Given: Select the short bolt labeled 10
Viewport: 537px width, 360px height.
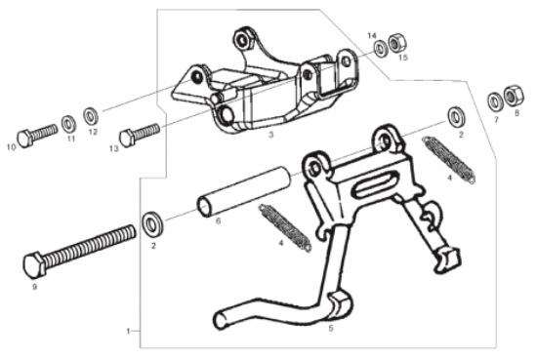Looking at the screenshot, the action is [x=37, y=135].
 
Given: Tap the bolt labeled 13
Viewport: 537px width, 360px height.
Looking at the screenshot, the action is [x=140, y=134].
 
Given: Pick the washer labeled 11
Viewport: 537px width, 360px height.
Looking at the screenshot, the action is [x=69, y=124].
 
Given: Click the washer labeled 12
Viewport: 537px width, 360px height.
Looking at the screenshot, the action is [x=91, y=116].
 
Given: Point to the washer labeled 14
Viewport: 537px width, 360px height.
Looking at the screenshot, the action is [x=380, y=49].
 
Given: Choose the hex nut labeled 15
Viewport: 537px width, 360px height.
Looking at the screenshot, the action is [x=397, y=43].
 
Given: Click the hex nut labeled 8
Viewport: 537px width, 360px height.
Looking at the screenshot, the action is [x=514, y=96].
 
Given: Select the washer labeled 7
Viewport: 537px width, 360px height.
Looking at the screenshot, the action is [x=495, y=101].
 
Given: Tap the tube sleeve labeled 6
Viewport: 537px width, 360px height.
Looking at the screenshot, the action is [x=243, y=191].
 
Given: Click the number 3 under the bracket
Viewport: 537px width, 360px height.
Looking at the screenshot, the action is [x=271, y=135].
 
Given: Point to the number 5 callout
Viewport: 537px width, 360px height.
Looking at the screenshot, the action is [x=331, y=328].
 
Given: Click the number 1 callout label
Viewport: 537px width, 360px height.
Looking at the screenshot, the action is [x=128, y=331].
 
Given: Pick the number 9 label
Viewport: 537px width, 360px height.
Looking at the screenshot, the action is [x=34, y=287].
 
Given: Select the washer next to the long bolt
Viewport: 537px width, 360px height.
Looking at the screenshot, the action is [x=152, y=224].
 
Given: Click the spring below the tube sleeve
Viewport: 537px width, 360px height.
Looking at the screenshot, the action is [x=285, y=227].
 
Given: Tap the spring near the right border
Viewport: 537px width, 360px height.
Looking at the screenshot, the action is [x=449, y=159].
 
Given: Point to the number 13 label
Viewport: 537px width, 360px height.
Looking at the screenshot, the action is [x=114, y=148].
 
